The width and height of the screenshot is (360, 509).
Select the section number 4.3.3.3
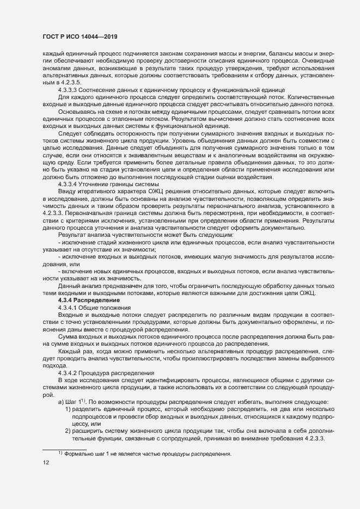69,89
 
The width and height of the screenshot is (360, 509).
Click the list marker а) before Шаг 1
61,402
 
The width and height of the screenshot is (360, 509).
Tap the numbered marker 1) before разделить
68,409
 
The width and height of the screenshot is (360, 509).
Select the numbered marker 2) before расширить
68,431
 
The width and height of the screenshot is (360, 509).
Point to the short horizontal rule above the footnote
64,448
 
